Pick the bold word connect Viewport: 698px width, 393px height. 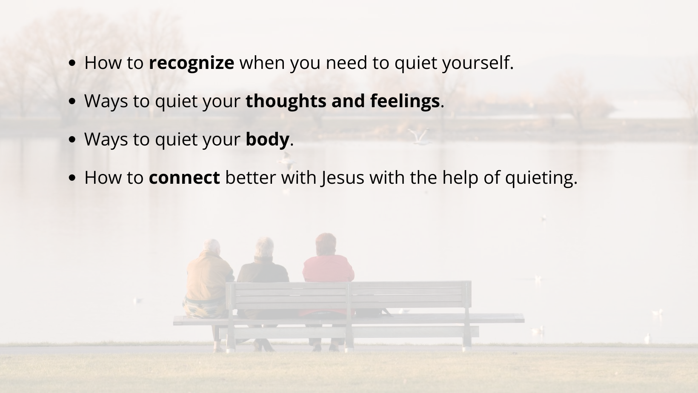click(x=184, y=178)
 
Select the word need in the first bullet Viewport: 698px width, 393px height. click(x=346, y=63)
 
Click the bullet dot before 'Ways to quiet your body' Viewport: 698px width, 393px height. click(x=72, y=140)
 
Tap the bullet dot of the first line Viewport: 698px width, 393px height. click(x=72, y=63)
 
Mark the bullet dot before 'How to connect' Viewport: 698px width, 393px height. click(x=72, y=178)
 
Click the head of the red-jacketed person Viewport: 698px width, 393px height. click(x=326, y=244)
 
